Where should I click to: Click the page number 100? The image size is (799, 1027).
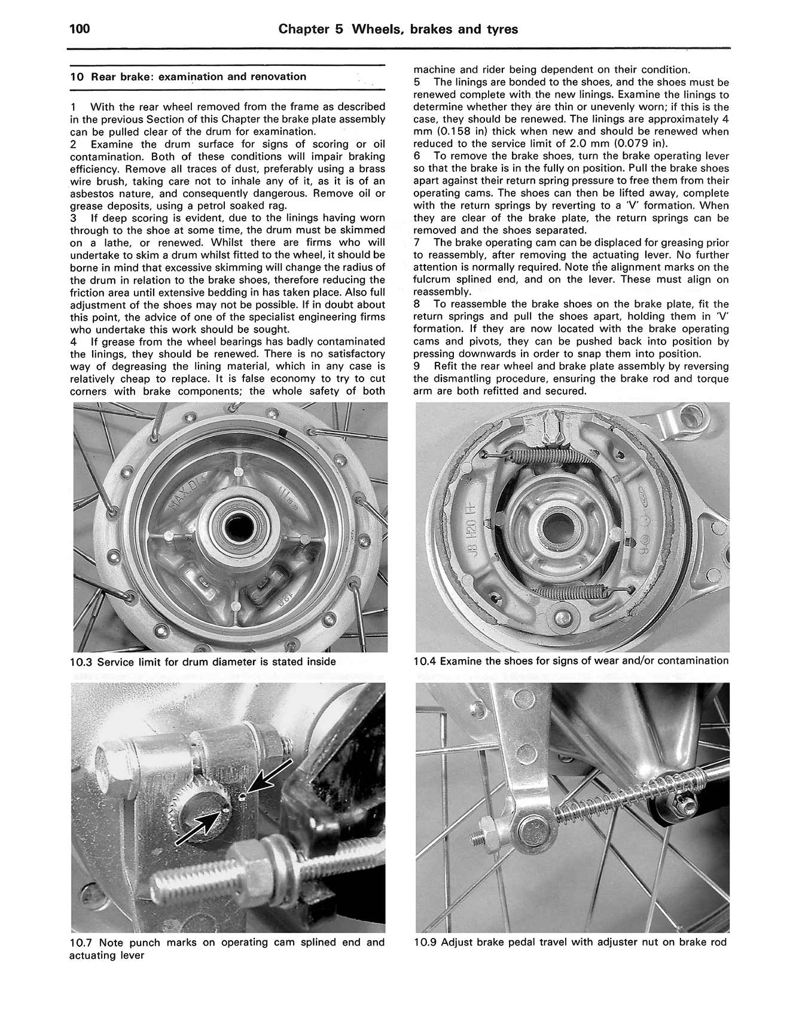point(80,28)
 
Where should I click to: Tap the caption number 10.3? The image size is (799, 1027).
point(81,662)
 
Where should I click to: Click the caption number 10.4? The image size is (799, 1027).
point(425,661)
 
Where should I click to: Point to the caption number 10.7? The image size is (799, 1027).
point(81,943)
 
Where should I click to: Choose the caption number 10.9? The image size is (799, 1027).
point(425,943)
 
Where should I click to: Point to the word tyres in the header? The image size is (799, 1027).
point(501,29)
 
